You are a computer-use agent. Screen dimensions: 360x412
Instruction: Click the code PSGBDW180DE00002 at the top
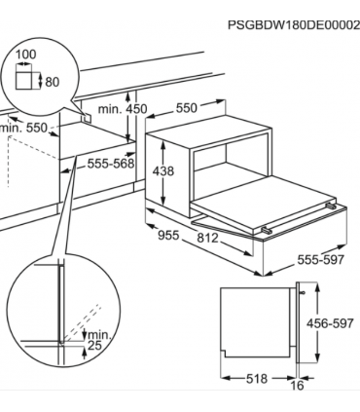pyautogui.click(x=294, y=25)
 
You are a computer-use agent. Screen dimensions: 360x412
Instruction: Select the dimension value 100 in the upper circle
pyautogui.click(x=26, y=55)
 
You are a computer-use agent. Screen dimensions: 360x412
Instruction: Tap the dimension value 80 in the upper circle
pyautogui.click(x=53, y=82)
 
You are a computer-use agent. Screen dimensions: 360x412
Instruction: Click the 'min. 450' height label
pyautogui.click(x=123, y=109)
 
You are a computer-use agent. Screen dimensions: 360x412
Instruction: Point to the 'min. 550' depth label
pyautogui.click(x=23, y=128)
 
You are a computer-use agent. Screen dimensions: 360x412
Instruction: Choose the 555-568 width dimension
pyautogui.click(x=111, y=164)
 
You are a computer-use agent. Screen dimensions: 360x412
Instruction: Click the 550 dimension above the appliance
pyautogui.click(x=187, y=108)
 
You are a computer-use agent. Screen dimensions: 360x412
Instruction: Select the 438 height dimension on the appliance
pyautogui.click(x=163, y=171)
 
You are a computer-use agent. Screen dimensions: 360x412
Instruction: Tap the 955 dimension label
pyautogui.click(x=168, y=235)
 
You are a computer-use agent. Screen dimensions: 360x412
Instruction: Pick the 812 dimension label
pyautogui.click(x=208, y=238)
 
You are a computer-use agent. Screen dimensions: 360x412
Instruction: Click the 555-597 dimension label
pyautogui.click(x=320, y=259)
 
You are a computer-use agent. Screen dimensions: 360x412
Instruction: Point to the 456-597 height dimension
pyautogui.click(x=330, y=323)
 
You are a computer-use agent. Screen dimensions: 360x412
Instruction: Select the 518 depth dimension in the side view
pyautogui.click(x=257, y=378)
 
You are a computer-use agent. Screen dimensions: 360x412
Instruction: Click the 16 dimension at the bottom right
pyautogui.click(x=297, y=386)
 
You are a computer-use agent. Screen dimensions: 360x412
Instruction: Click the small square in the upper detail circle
pyautogui.click(x=24, y=80)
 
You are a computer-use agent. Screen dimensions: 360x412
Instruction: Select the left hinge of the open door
pyautogui.click(x=267, y=230)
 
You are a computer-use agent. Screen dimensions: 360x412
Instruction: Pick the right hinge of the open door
pyautogui.click(x=330, y=206)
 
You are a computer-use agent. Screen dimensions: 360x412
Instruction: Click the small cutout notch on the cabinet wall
pyautogui.click(x=87, y=118)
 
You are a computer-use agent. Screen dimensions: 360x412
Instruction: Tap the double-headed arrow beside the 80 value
pyautogui.click(x=40, y=81)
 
